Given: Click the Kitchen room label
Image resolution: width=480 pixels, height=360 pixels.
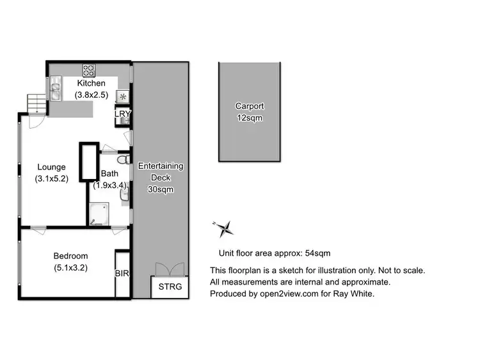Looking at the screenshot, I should pyautogui.click(x=92, y=83).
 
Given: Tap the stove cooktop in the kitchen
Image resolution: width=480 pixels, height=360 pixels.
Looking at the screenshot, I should pyautogui.click(x=88, y=70).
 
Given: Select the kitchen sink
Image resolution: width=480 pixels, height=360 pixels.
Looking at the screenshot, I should pyautogui.click(x=56, y=90).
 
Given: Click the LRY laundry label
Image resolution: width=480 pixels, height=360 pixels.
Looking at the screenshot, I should pyautogui.click(x=122, y=114).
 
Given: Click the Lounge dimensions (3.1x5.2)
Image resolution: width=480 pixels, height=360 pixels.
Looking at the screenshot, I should pyautogui.click(x=51, y=180).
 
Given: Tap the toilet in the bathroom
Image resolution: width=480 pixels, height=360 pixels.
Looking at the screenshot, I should pyautogui.click(x=124, y=158).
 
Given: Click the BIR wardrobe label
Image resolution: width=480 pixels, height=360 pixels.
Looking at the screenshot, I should pyautogui.click(x=122, y=273).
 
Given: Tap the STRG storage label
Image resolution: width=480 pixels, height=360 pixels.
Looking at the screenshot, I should pyautogui.click(x=170, y=286).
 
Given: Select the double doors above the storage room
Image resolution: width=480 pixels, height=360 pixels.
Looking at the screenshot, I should pyautogui.click(x=170, y=269).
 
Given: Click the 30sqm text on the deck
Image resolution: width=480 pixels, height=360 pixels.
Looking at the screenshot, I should pyautogui.click(x=161, y=189).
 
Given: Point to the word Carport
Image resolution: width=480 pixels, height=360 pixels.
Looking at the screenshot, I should pyautogui.click(x=249, y=106).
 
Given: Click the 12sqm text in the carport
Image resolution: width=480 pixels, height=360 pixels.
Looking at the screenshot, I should pyautogui.click(x=249, y=118).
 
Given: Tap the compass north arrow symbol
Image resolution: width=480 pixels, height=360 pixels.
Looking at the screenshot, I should pyautogui.click(x=224, y=227).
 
